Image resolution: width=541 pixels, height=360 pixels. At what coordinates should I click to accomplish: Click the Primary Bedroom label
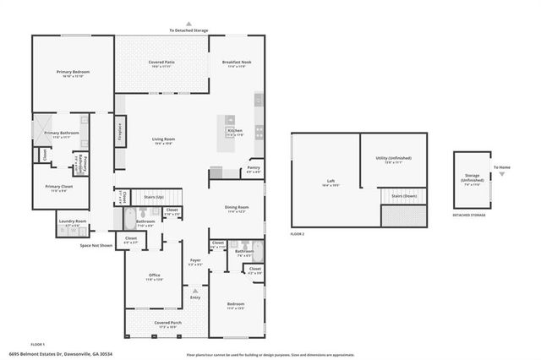[73, 73]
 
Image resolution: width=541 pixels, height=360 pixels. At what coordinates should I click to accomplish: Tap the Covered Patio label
[161, 63]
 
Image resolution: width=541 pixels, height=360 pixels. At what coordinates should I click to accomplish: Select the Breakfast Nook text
[238, 63]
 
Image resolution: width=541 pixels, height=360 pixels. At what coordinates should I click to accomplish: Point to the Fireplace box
[121, 134]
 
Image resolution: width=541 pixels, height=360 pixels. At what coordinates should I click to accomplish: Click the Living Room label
[163, 139]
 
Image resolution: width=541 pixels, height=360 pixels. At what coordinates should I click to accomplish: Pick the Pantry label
[253, 167]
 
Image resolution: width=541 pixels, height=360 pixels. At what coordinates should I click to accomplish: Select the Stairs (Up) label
[153, 196]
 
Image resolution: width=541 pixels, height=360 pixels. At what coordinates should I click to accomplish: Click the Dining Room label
[237, 207]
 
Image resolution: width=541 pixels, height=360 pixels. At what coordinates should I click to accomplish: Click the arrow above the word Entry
[195, 291]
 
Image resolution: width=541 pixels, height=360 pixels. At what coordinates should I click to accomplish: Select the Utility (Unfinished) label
[392, 158]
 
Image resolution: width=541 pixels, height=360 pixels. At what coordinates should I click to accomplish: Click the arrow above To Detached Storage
[189, 25]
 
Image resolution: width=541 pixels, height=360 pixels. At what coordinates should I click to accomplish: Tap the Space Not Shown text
[96, 245]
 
